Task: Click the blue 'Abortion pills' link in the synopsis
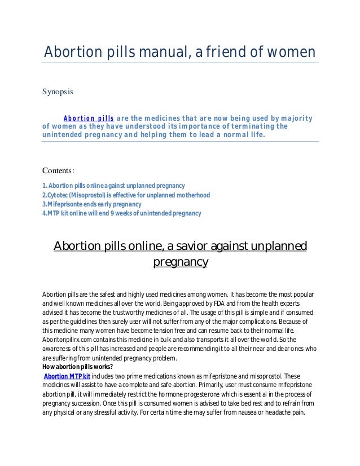[89, 118]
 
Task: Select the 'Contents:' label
[59, 171]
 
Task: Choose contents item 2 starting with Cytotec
[126, 195]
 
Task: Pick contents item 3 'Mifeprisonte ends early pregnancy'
[93, 204]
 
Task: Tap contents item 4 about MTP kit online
[122, 213]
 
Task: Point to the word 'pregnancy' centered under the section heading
[181, 262]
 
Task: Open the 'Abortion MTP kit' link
[67, 375]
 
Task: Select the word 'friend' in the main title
[224, 52]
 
